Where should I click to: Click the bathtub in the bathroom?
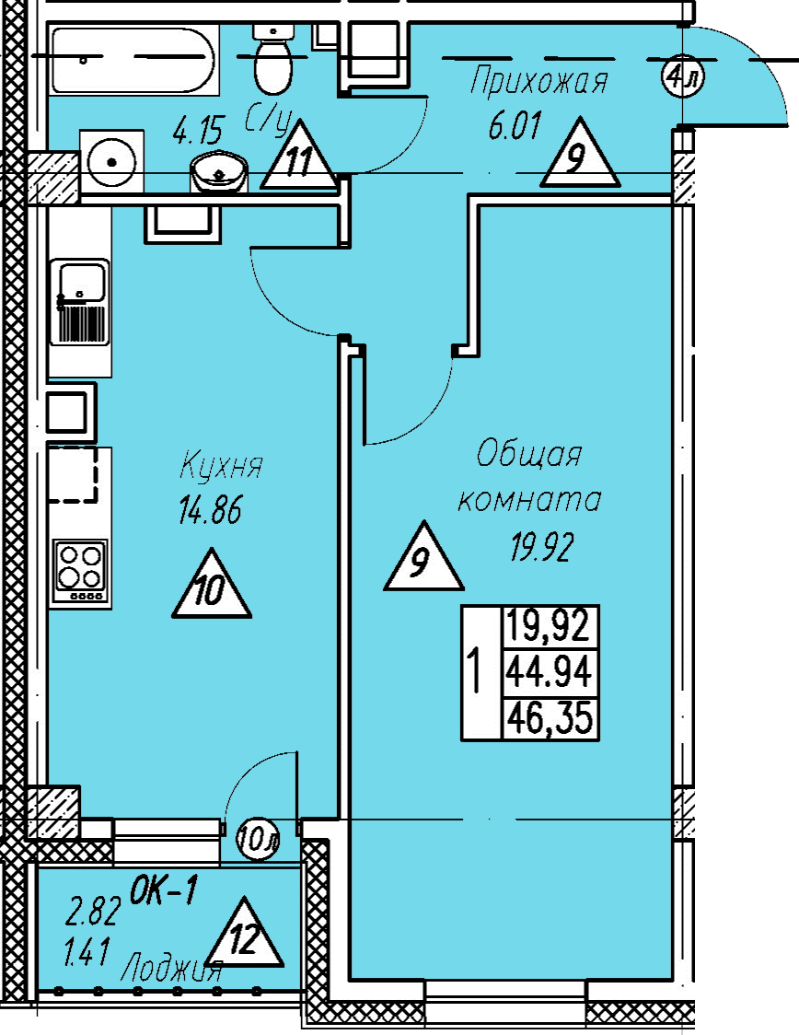(x=133, y=60)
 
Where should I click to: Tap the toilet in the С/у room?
(x=273, y=60)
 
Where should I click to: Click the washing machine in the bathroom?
(x=111, y=162)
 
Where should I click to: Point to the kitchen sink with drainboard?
(x=80, y=302)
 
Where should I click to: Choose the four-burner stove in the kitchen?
(x=80, y=572)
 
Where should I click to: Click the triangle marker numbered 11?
(x=299, y=155)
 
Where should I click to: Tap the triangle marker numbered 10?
(x=211, y=584)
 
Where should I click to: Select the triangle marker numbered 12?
(x=244, y=933)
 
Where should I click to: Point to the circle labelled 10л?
(x=259, y=839)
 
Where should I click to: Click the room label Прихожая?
(x=538, y=81)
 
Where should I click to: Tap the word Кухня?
(x=221, y=465)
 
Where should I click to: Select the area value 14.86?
(x=210, y=509)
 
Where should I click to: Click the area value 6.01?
(x=515, y=125)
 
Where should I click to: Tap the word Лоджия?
(x=171, y=970)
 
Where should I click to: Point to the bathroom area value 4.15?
(x=198, y=130)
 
